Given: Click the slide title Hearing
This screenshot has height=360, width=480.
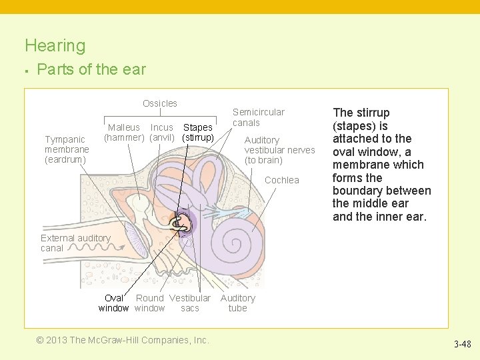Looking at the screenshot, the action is (55, 46).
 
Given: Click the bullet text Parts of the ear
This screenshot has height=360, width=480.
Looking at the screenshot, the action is (91, 69).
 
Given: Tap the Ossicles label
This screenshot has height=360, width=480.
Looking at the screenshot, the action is (160, 103).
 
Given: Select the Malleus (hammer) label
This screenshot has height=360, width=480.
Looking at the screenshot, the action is (124, 132).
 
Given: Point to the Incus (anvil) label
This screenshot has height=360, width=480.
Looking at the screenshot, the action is (162, 132).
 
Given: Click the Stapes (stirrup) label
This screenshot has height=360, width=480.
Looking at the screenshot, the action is (198, 132).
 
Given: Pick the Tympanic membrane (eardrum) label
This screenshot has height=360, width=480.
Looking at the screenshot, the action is (66, 149).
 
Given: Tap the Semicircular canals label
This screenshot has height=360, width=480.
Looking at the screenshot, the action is (258, 117).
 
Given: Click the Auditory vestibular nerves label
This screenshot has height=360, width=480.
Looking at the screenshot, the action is (279, 150).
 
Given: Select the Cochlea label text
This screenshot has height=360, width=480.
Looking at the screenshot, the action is (282, 180).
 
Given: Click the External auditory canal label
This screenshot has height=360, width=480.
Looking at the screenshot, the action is (75, 243).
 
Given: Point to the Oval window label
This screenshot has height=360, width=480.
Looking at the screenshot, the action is (113, 303).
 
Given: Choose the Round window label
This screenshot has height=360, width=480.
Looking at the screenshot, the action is (150, 303).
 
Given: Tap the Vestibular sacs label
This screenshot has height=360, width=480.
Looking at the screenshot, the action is (190, 303).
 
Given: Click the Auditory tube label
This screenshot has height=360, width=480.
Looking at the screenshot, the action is (237, 303).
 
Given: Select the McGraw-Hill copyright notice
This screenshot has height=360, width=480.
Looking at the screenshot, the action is (123, 340).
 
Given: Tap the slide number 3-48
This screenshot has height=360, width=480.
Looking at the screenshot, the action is (462, 345).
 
